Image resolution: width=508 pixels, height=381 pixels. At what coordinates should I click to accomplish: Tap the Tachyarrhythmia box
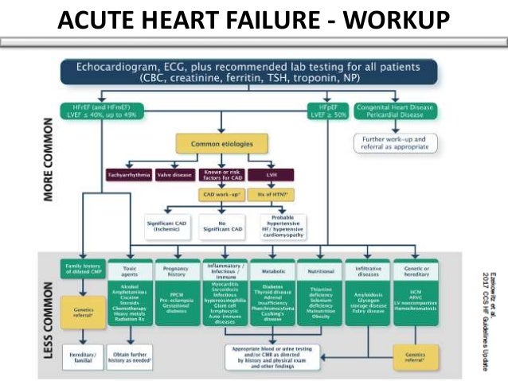coord(128,173)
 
